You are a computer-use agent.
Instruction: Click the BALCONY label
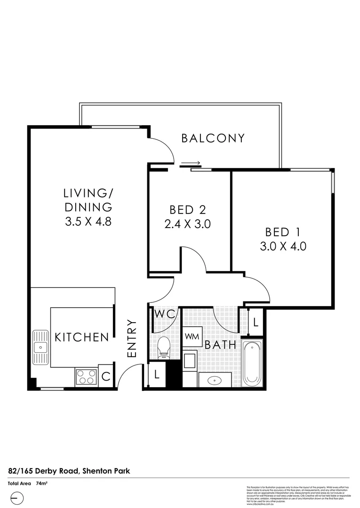click(213, 138)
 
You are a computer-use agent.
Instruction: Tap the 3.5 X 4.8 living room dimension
click(88, 222)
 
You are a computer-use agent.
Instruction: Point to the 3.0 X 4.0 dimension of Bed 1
click(283, 246)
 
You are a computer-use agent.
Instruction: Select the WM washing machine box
click(192, 336)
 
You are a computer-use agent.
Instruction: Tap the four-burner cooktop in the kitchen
click(86, 377)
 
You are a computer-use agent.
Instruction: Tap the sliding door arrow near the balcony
click(191, 164)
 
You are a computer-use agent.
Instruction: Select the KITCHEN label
click(82, 337)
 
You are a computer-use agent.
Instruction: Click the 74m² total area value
click(42, 483)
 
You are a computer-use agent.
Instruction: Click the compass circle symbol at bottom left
click(16, 497)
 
